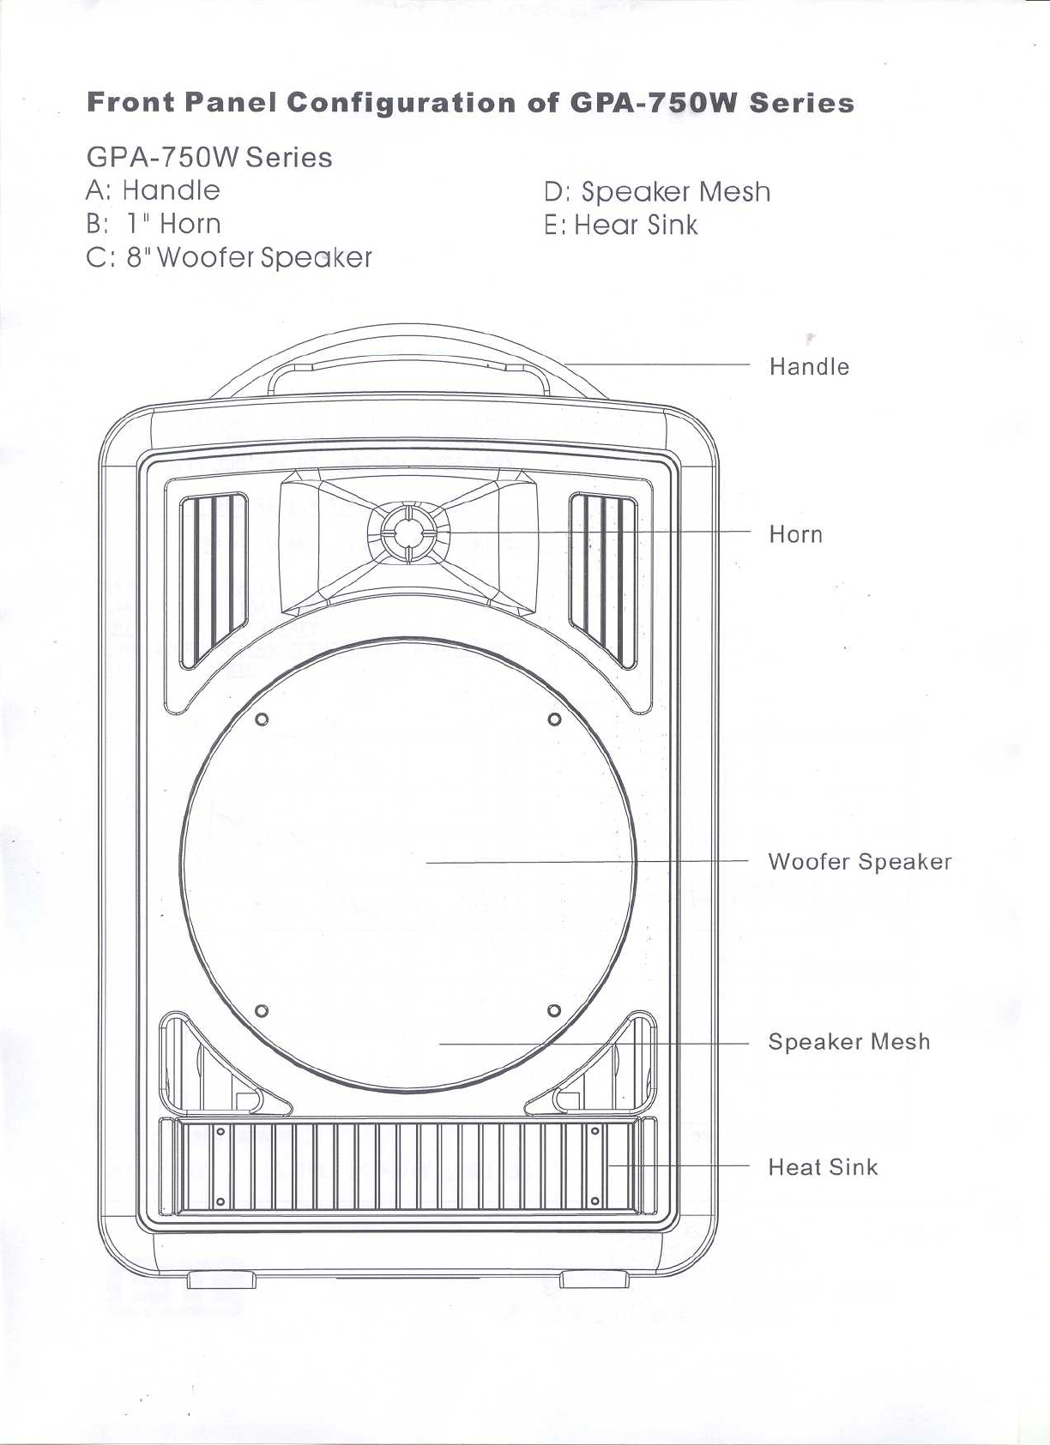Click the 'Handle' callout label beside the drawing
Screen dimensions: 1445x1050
click(x=809, y=367)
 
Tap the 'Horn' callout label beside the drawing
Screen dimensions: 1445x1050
click(x=795, y=535)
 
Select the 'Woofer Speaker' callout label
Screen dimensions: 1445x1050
click(x=860, y=862)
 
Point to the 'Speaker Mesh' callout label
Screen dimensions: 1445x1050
click(x=848, y=1042)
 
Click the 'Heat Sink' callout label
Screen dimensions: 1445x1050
click(x=823, y=1167)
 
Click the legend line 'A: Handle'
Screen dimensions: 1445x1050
click(x=154, y=190)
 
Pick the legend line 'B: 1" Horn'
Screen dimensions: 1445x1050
click(x=154, y=224)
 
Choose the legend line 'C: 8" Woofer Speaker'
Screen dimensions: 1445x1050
click(x=230, y=257)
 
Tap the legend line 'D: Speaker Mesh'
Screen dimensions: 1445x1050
click(x=657, y=191)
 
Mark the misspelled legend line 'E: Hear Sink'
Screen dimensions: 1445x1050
click(x=621, y=226)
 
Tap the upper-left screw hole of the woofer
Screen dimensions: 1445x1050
click(x=262, y=719)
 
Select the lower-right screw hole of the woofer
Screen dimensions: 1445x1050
click(x=554, y=1010)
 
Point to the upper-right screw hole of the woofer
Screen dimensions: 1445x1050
click(x=554, y=719)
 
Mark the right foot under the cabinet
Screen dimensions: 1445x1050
click(x=594, y=1279)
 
